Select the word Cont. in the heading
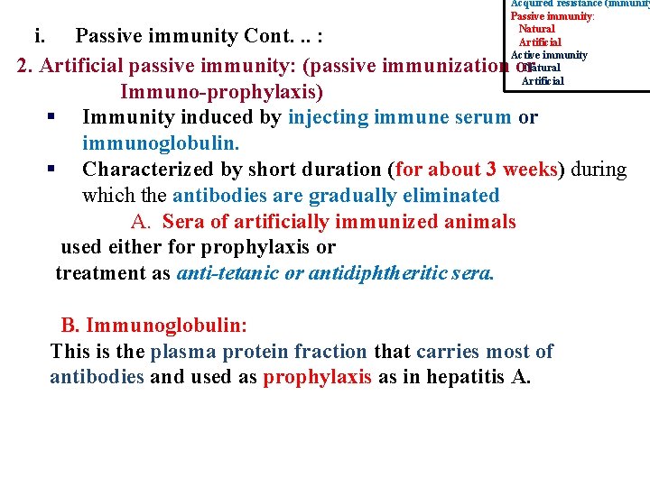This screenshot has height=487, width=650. tap(269, 37)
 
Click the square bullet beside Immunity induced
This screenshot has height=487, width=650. tap(52, 118)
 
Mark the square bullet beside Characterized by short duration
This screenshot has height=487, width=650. tap(52, 169)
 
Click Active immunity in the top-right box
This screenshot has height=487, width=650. tap(549, 55)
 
